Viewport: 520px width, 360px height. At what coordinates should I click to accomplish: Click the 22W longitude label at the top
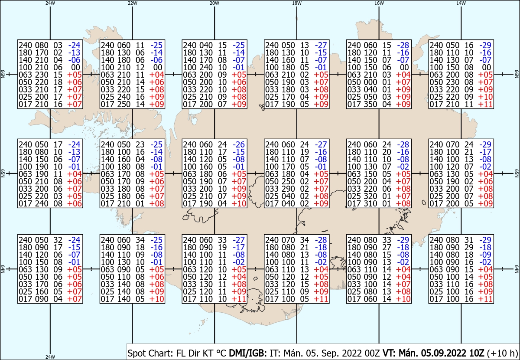[x=132, y=3]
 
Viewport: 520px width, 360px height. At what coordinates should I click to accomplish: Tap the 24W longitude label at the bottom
[x=50, y=357]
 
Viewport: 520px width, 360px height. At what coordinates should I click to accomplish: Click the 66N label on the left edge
[x=3, y=74]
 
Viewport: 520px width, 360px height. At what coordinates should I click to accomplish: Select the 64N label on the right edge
[x=517, y=269]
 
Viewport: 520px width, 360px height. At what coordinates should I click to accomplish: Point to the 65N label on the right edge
[x=517, y=173]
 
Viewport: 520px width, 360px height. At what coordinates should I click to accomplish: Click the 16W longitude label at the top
[x=379, y=3]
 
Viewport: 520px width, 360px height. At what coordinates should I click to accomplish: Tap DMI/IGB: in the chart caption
[x=248, y=353]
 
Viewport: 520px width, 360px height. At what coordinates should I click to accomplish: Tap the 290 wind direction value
[x=288, y=189]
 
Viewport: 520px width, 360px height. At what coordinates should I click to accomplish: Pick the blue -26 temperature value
[x=239, y=144]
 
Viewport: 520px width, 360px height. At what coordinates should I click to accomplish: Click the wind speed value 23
[x=140, y=144]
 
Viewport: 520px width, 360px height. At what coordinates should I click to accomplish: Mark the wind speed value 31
[x=469, y=240]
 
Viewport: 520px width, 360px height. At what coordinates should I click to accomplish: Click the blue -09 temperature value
[x=485, y=255]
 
